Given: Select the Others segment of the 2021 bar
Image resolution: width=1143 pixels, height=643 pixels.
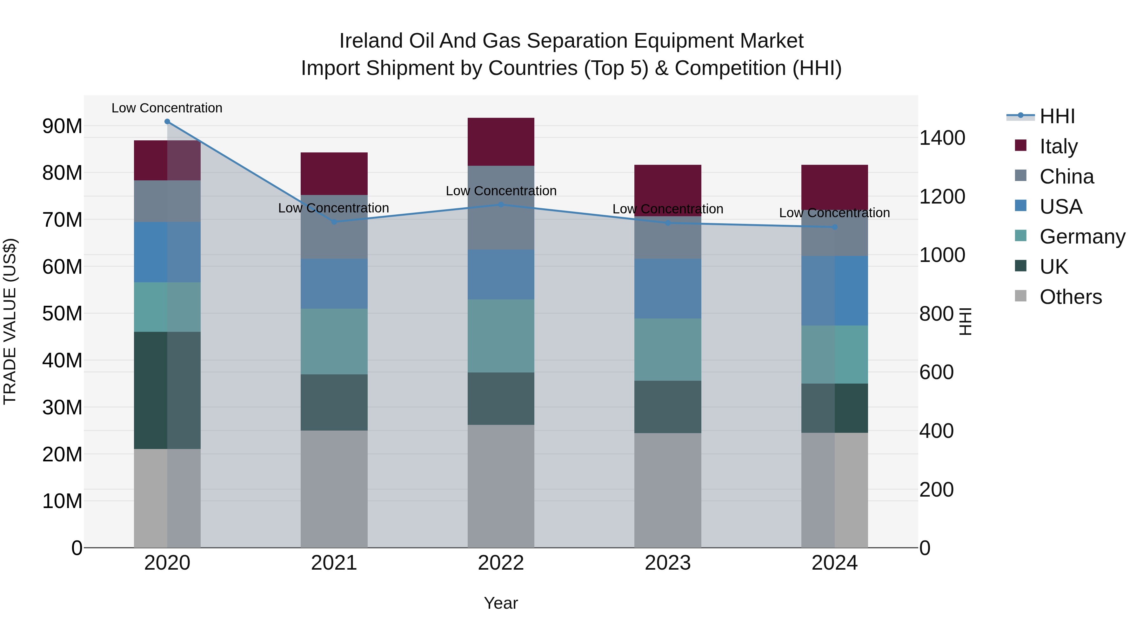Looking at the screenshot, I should (x=334, y=489).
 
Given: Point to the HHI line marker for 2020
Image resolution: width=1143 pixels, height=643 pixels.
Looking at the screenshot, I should (x=167, y=122).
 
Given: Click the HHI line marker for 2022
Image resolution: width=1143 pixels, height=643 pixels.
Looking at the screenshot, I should (x=501, y=204).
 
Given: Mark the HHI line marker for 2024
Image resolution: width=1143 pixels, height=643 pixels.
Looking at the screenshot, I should (x=835, y=227).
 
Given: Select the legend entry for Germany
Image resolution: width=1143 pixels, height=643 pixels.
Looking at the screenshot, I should (x=1082, y=237).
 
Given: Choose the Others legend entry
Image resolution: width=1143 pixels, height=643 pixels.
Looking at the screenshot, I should (x=1070, y=297).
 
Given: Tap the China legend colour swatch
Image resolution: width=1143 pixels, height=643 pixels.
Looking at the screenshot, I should (x=1020, y=175).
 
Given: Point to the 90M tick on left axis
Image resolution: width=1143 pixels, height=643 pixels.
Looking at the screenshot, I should (x=62, y=126).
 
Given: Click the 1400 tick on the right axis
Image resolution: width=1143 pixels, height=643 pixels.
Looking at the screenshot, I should (x=942, y=138).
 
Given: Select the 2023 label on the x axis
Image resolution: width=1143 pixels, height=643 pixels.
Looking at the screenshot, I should (x=667, y=563).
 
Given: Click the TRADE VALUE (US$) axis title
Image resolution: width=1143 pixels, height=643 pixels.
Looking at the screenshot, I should (x=10, y=321).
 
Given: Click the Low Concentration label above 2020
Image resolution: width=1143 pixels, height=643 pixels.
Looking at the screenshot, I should (x=167, y=108).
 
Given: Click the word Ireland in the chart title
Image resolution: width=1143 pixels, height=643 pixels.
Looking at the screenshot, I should (x=371, y=41).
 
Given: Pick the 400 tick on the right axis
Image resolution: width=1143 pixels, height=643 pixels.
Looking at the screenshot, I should (x=936, y=431).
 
